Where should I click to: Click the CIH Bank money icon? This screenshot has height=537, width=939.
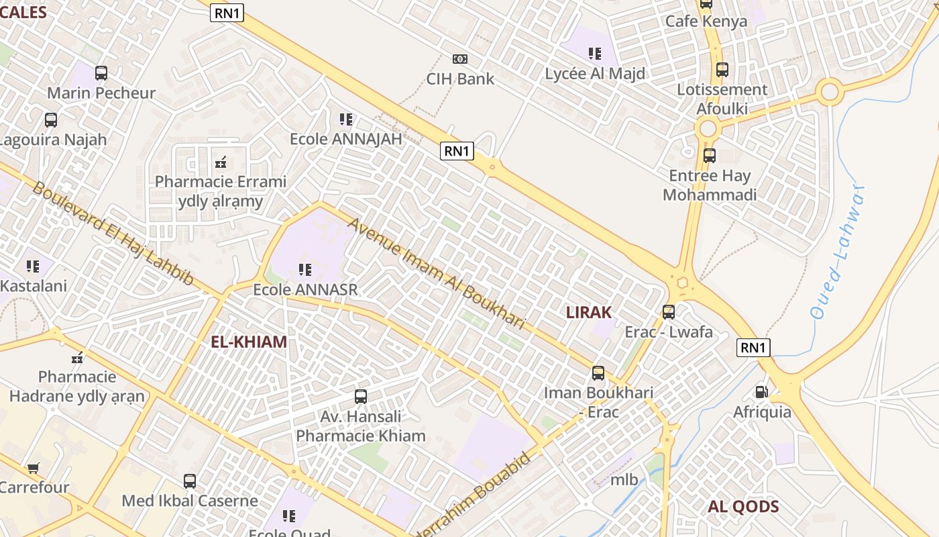point(459,59)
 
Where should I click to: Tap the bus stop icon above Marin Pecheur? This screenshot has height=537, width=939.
point(101,73)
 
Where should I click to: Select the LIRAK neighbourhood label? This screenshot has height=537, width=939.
point(589,312)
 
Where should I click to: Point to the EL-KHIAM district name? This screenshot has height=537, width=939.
point(249,342)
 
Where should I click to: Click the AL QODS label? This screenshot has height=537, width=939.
point(743,507)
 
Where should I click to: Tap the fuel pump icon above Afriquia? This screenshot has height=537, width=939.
point(761,391)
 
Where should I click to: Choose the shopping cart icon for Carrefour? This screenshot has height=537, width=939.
point(33,467)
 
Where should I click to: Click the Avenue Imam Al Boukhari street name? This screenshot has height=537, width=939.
point(436,273)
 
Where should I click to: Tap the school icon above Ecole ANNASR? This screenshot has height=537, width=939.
point(305,270)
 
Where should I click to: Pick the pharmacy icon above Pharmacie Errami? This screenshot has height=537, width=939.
point(220,162)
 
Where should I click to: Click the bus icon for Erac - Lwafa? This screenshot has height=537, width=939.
point(669,312)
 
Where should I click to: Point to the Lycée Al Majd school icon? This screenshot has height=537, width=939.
point(595,53)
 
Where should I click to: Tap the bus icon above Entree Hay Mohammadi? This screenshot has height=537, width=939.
point(710,156)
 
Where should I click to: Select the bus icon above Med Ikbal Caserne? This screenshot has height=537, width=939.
point(190,481)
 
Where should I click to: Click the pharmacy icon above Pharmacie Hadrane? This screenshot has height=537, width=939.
point(77,356)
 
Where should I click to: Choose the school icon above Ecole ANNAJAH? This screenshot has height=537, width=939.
point(345,119)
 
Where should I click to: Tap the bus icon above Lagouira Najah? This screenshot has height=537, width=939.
point(51,120)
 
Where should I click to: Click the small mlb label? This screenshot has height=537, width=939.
point(624,479)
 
